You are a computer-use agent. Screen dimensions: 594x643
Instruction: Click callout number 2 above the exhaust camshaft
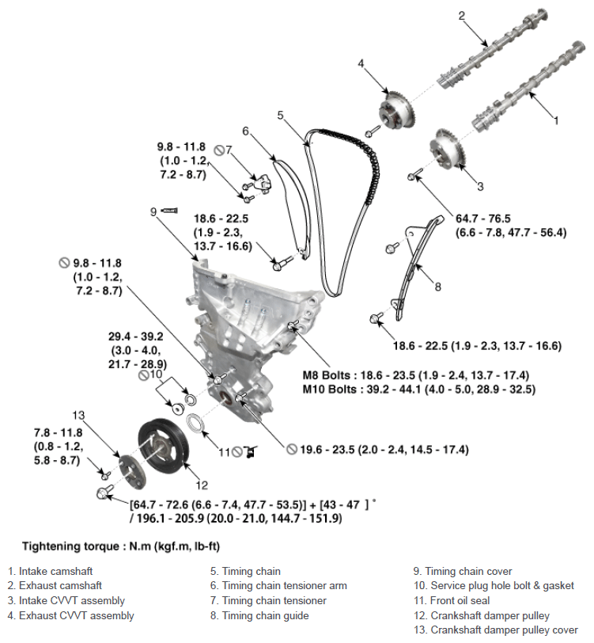[462, 16]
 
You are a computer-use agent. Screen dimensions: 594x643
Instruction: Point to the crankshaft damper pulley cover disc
[132, 473]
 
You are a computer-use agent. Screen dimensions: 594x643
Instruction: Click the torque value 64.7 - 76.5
[483, 219]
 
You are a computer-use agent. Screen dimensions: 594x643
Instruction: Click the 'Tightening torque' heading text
[71, 546]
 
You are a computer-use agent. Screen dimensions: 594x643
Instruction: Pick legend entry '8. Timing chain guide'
[259, 615]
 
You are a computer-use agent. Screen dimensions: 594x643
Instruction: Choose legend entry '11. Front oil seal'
[452, 601]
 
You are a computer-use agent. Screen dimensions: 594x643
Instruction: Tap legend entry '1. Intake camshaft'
[50, 571]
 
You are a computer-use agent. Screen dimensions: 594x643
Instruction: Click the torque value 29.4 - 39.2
[135, 337]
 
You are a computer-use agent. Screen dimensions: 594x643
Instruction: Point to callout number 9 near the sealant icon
[153, 211]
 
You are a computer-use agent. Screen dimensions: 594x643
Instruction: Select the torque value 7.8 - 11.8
[59, 433]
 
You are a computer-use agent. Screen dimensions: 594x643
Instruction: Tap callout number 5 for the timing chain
[280, 116]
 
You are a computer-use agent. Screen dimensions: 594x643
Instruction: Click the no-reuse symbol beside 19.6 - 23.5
[292, 450]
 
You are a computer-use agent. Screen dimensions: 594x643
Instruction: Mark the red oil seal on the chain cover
[225, 398]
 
